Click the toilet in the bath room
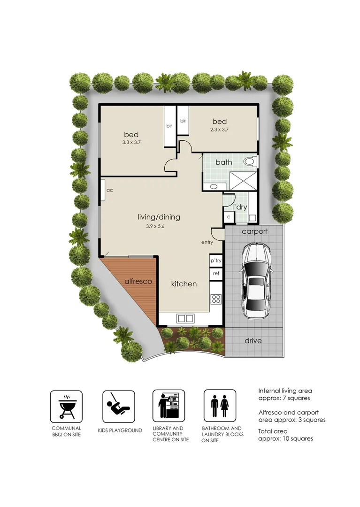249,161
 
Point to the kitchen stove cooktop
216,299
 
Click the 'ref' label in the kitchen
216,273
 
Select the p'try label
216,261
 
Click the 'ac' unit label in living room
109,190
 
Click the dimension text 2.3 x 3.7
219,130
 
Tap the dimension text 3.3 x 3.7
131,140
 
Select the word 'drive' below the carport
253,340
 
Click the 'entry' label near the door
207,242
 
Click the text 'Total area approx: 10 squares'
285,435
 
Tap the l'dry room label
240,207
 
